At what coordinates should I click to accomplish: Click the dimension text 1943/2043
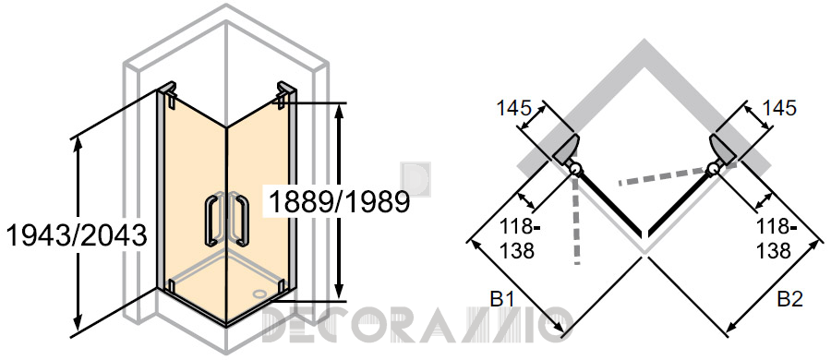tap(77, 235)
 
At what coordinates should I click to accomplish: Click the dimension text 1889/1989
tap(340, 202)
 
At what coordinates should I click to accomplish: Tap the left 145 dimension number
tap(513, 108)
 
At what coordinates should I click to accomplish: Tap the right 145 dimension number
tap(778, 108)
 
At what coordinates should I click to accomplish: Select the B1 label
tap(502, 300)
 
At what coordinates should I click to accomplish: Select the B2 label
tap(790, 300)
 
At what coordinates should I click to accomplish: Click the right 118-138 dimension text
tap(776, 238)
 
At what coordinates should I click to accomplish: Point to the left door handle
tap(211, 221)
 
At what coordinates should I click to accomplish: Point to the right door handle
tap(242, 221)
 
